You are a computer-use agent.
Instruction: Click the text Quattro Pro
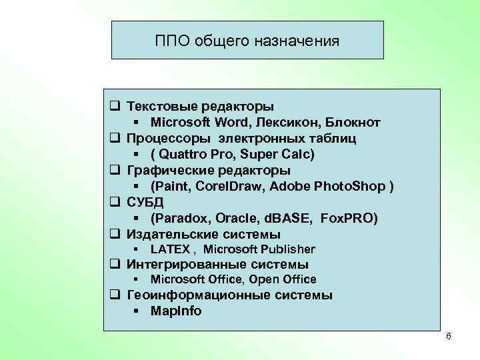[192, 154]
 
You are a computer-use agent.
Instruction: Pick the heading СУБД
[145, 202]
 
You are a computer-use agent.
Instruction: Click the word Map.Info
[176, 311]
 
